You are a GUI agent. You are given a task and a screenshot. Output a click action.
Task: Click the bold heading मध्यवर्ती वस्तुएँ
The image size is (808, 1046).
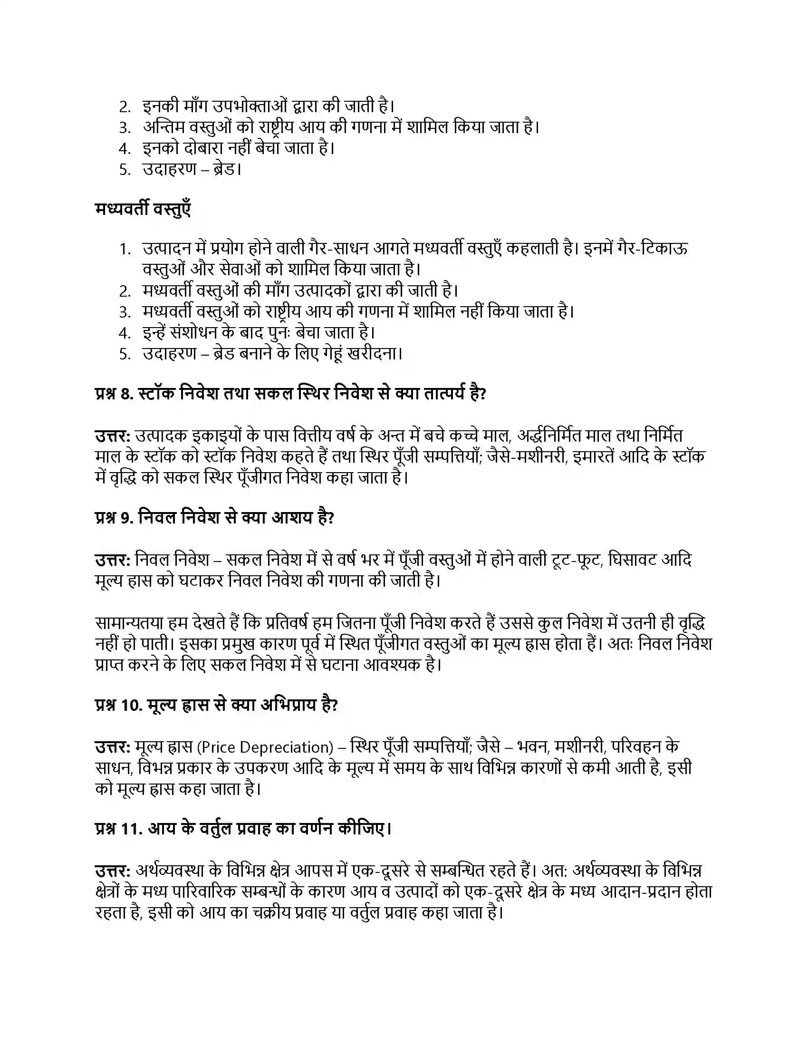tap(143, 209)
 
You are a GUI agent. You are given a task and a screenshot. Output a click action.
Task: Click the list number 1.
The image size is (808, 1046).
tap(125, 249)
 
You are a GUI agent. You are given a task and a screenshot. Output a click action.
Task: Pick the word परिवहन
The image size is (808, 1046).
tap(638, 746)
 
